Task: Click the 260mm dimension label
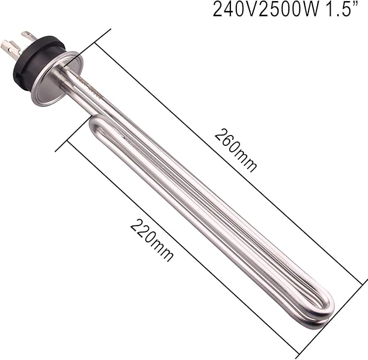[x=235, y=150]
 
